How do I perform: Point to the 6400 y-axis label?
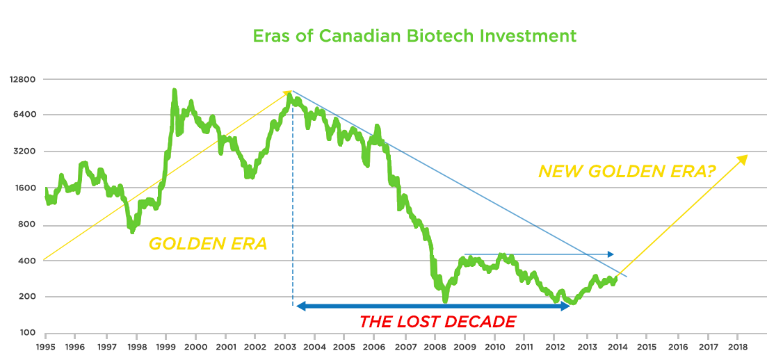[x=23, y=115]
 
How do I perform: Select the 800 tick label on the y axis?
[x=26, y=225]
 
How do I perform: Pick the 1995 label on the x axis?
[x=45, y=346]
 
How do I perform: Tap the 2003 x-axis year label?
[x=284, y=346]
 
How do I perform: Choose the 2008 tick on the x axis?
[x=435, y=346]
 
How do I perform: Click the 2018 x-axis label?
[x=737, y=346]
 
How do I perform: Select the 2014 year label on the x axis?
[x=616, y=346]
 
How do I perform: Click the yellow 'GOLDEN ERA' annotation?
[x=208, y=245]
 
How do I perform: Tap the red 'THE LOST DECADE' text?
[x=437, y=322]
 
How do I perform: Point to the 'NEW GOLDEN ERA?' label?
[x=627, y=171]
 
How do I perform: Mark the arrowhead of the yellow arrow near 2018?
[x=744, y=158]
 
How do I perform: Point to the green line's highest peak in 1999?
[x=174, y=91]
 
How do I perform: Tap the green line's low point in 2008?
[x=445, y=300]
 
